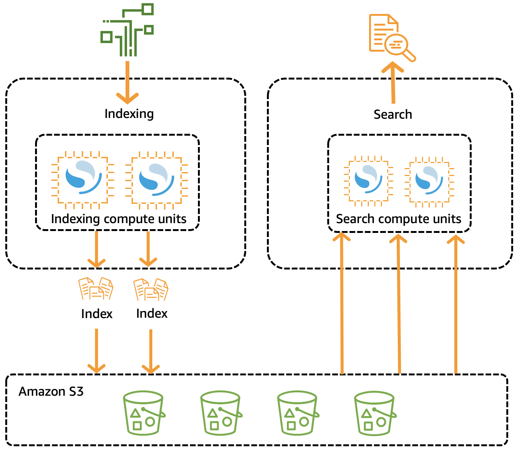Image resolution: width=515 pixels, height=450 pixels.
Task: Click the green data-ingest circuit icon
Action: click(x=127, y=30)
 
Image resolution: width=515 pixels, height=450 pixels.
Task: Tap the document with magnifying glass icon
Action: click(x=391, y=37)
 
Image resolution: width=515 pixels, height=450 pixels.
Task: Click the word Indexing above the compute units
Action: click(x=129, y=114)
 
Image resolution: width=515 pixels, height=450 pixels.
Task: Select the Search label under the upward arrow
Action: click(x=392, y=115)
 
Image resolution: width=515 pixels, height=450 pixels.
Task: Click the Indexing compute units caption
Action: click(x=118, y=219)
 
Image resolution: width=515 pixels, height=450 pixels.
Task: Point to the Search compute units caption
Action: click(x=399, y=219)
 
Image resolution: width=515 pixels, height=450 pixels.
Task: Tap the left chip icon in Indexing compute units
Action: click(x=83, y=179)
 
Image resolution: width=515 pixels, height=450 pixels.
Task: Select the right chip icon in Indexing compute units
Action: click(x=156, y=180)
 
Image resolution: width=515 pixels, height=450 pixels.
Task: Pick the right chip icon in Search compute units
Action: click(x=429, y=181)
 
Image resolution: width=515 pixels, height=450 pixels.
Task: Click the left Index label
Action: click(x=97, y=314)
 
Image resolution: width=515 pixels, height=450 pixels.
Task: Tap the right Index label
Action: click(x=152, y=314)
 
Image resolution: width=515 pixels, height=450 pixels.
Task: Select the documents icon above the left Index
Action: click(x=96, y=289)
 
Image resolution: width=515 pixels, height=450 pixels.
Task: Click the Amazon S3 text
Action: click(x=51, y=392)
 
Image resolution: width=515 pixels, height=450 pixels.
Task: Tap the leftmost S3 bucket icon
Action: click(x=144, y=413)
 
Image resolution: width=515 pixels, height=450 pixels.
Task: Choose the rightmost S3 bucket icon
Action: click(x=375, y=413)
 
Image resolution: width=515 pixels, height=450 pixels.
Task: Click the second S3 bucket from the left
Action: click(x=221, y=413)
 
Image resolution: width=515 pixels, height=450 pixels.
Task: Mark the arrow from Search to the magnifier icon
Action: click(x=393, y=83)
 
